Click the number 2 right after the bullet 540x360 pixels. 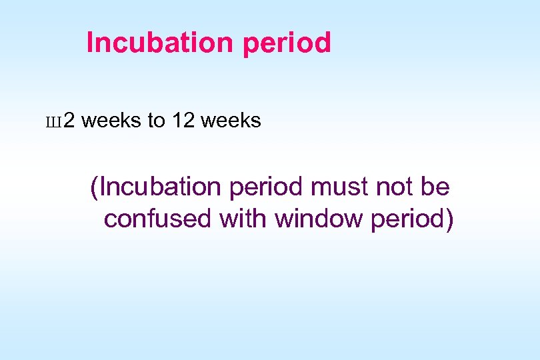click(69, 121)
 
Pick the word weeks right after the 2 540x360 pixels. click(112, 121)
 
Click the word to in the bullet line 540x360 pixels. click(156, 121)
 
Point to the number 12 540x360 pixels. click(183, 121)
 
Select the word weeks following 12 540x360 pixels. click(231, 121)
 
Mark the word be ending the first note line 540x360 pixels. click(436, 188)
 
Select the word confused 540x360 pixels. click(158, 219)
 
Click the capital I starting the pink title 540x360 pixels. click(91, 43)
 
